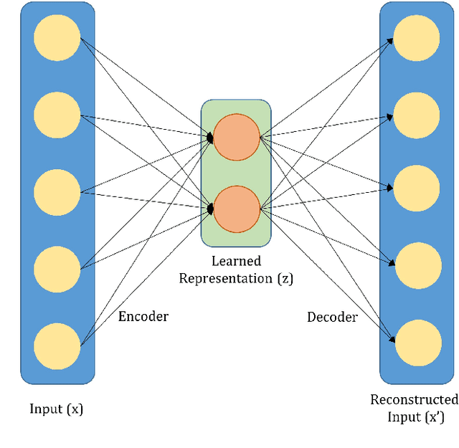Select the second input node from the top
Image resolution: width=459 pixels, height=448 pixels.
tap(57, 115)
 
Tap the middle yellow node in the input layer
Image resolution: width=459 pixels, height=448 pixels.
tap(57, 192)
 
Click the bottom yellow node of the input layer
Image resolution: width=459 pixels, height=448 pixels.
tap(57, 345)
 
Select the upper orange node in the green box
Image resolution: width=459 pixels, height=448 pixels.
tap(237, 137)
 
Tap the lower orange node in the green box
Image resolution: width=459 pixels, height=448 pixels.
tap(237, 208)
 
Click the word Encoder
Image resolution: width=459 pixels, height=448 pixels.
tap(143, 316)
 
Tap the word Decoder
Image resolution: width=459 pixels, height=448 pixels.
tap(331, 317)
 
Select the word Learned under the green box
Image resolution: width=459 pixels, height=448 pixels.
tap(236, 262)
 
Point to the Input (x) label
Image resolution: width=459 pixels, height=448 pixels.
tap(56, 409)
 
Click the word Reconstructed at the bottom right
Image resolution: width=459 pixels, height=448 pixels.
tap(414, 400)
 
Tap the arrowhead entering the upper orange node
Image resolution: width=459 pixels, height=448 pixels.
tap(210, 137)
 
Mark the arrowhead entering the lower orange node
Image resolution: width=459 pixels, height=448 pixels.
tap(210, 209)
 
